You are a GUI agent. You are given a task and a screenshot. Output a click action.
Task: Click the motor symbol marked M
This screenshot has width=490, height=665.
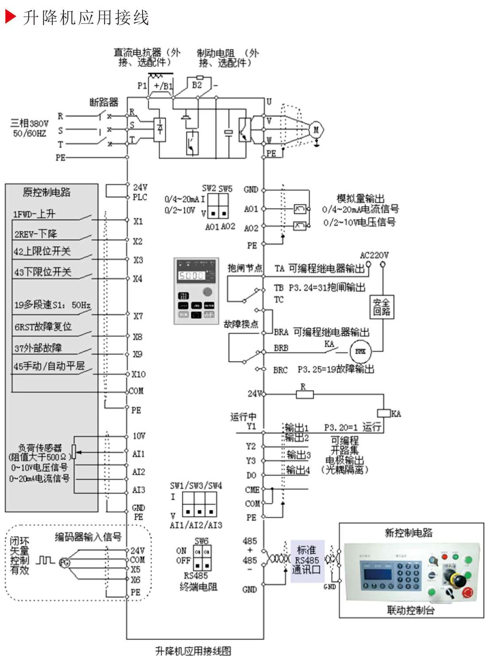[316, 130]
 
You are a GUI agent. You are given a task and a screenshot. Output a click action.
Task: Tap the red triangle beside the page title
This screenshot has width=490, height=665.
[10, 17]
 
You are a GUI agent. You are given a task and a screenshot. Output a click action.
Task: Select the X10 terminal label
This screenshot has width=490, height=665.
[138, 374]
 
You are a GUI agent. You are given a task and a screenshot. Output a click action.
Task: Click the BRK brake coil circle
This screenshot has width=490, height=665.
[360, 352]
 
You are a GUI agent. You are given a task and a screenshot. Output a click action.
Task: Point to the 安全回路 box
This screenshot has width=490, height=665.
[381, 307]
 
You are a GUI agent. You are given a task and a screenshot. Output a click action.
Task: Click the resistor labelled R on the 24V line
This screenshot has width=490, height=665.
[304, 394]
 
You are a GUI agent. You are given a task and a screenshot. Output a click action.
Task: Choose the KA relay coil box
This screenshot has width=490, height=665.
[383, 413]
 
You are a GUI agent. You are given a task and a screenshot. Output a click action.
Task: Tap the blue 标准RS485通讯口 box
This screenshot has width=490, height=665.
[307, 561]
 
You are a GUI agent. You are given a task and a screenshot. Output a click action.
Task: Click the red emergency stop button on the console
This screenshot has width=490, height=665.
[467, 592]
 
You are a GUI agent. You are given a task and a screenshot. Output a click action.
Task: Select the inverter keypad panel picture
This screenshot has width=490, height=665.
[196, 291]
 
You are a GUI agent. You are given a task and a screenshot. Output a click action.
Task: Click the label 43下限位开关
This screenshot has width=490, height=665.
[42, 271]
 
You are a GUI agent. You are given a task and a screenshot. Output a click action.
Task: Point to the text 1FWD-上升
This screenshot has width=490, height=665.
[34, 214]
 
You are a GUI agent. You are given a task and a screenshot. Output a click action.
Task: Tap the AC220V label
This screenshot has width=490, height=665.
[374, 255]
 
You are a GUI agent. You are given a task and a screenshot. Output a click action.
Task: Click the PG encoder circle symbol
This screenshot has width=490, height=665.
[65, 563]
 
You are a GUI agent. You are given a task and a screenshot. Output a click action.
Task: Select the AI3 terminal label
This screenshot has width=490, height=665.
[139, 490]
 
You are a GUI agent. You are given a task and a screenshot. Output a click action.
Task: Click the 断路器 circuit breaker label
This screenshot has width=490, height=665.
[104, 102]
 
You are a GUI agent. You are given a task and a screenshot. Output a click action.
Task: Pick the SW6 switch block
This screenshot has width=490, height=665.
[202, 557]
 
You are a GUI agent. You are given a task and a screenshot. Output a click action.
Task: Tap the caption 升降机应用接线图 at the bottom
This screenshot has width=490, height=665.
[193, 651]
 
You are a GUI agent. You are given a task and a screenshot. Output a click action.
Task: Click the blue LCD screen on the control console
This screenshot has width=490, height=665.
[377, 575]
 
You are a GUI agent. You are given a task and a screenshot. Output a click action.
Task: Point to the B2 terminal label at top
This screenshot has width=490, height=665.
[197, 85]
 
